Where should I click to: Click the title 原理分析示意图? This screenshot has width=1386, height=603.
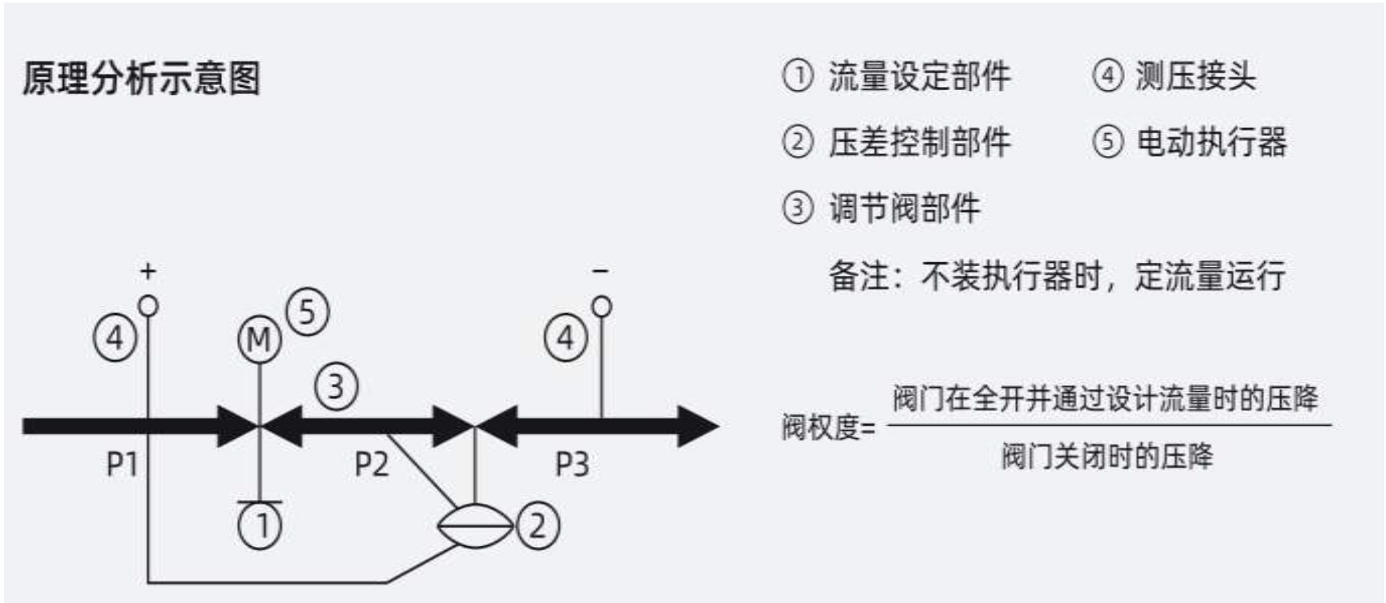point(142,78)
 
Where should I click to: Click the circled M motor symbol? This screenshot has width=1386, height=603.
point(260,340)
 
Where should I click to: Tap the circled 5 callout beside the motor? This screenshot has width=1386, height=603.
point(307,312)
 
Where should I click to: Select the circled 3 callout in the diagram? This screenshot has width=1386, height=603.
point(336,387)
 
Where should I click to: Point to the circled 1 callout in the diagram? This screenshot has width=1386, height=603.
point(260,526)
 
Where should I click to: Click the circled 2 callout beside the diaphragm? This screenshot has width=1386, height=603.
point(538,526)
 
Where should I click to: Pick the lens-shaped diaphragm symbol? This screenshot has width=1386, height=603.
point(475,526)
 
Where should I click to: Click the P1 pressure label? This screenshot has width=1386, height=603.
point(122,463)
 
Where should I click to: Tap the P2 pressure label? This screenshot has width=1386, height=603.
point(372,463)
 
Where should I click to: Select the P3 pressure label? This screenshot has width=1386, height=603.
point(572,463)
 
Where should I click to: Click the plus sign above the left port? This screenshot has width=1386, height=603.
point(148,271)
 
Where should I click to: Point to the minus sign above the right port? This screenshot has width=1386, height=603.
point(600,271)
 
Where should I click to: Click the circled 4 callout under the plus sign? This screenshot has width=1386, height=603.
point(115,338)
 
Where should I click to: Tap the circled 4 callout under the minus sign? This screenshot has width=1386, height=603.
point(566,338)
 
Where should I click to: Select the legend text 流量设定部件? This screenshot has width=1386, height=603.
point(920,76)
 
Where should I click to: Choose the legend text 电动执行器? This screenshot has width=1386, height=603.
point(1211,142)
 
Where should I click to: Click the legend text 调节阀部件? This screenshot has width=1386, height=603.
point(904,208)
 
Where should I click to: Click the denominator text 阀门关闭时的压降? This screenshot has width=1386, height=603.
point(1107,456)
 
